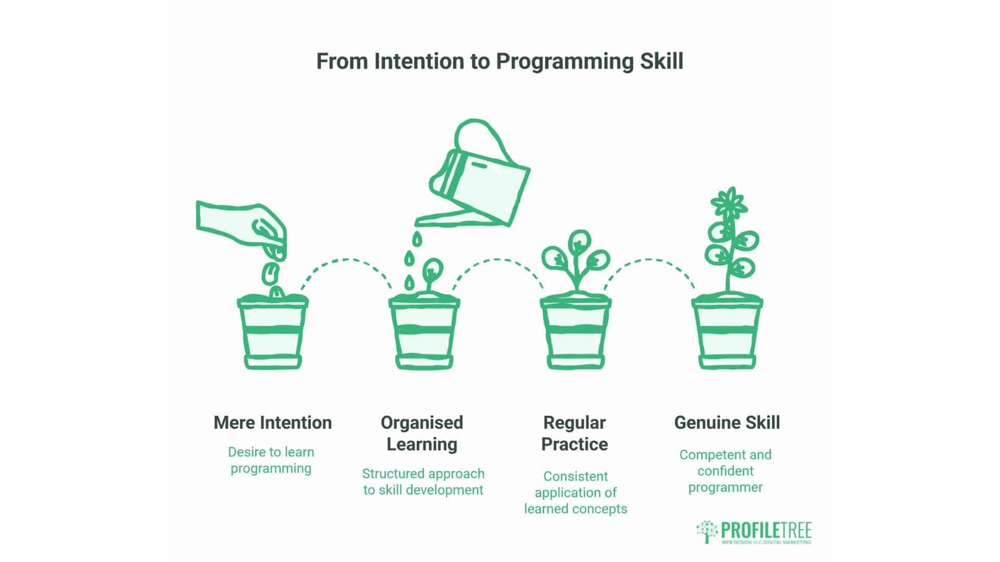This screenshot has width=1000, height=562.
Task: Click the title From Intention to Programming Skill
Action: (x=499, y=61)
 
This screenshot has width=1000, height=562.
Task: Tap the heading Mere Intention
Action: (x=272, y=423)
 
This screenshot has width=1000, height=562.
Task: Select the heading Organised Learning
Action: (x=422, y=433)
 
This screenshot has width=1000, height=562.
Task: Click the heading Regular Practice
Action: (x=574, y=433)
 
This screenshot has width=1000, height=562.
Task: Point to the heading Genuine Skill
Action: (x=727, y=423)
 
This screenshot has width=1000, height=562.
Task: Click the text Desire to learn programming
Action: (x=271, y=460)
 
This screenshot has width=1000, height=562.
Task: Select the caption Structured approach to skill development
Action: (x=423, y=481)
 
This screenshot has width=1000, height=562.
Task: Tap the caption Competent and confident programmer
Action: (x=725, y=470)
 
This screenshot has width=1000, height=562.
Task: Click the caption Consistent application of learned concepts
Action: (x=576, y=492)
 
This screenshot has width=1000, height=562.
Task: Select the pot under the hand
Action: (x=272, y=333)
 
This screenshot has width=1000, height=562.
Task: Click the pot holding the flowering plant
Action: (x=727, y=333)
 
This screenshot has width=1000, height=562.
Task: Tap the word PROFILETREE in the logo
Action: (x=766, y=530)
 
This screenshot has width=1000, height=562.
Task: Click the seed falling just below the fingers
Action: (x=270, y=272)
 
